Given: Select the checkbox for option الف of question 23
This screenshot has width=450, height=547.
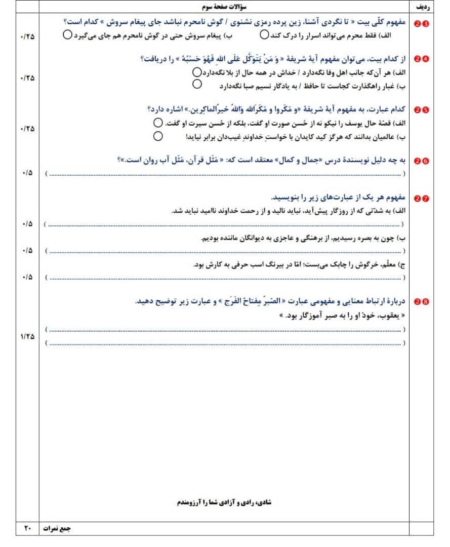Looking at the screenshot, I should tap(264, 35).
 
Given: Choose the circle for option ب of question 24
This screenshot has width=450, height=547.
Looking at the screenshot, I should tap(197, 84).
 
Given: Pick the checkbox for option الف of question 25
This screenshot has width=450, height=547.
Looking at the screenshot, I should tap(158, 123).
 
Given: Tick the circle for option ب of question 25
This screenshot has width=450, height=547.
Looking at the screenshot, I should tap(158, 136).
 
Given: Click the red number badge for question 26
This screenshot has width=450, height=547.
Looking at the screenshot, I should tap(421, 161).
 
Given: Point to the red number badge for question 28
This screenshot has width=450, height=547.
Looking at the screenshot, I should tap(421, 302).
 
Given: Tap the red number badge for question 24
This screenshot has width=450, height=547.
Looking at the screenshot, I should tap(421, 59).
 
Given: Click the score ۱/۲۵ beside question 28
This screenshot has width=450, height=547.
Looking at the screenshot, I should tap(27, 336).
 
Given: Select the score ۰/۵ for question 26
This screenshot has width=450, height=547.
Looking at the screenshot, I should tap(27, 173).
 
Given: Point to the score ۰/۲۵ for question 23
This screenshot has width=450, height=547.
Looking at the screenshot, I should tap(27, 37).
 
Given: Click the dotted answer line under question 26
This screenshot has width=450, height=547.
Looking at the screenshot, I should tap(225, 174).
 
